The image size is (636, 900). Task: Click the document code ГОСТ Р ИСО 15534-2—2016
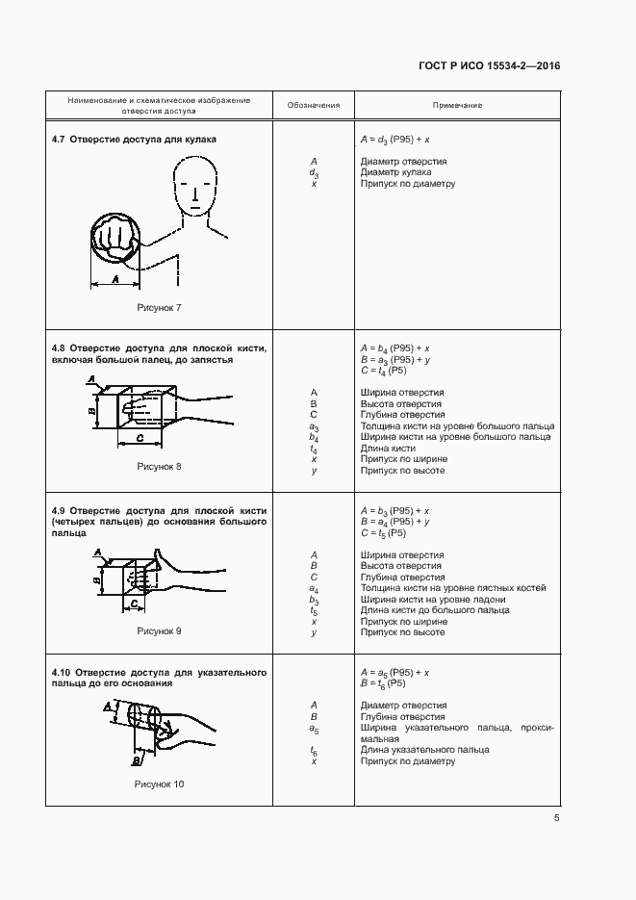point(489,66)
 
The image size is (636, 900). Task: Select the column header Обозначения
point(314,105)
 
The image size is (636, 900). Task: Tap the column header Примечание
point(456,105)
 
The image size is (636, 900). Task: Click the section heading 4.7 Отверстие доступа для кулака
point(134,140)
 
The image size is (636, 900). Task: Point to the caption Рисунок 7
point(160,307)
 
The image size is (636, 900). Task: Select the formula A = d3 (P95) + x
point(394,140)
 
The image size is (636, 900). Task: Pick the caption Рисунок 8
point(160,467)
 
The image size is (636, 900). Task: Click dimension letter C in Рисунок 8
point(140,438)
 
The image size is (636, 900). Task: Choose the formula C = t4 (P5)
point(383,371)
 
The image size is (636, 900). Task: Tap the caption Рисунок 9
point(160,631)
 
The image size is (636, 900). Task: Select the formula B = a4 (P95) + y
point(394,522)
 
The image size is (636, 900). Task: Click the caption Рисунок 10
point(160,784)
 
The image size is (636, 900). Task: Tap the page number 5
point(556,818)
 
